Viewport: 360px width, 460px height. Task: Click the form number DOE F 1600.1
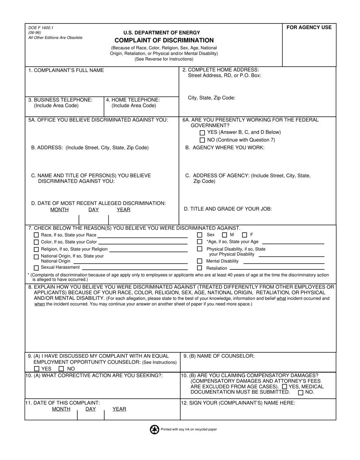click(41, 28)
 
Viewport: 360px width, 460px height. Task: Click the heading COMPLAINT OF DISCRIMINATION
click(164, 40)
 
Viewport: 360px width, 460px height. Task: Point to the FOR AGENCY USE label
click(309, 27)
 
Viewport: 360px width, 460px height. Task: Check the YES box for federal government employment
click(202, 133)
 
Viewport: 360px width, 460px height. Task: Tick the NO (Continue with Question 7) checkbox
click(202, 140)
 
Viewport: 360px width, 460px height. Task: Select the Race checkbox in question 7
click(36, 235)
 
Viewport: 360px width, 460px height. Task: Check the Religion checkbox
click(36, 249)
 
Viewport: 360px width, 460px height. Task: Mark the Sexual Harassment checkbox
click(36, 268)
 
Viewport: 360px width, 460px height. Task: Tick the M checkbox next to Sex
click(225, 235)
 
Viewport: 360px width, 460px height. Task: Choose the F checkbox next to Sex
click(244, 235)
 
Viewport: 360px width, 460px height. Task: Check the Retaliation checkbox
click(200, 268)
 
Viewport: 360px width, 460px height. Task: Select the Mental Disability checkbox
click(200, 261)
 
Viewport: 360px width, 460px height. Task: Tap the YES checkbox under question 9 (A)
click(37, 369)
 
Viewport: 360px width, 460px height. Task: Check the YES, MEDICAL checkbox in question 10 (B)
click(285, 386)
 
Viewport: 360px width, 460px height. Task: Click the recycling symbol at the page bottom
click(155, 429)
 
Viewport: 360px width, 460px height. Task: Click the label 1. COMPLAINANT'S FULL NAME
click(66, 70)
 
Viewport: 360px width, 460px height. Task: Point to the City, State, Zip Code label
click(211, 98)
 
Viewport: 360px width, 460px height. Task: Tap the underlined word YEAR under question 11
click(119, 409)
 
